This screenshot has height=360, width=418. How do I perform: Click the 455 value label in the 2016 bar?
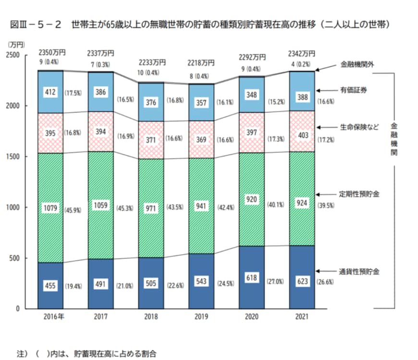coord(50,286)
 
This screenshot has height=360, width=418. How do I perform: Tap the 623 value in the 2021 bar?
coord(302,281)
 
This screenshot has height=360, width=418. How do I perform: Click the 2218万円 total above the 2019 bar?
coord(201,62)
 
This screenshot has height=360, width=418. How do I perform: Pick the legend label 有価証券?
coord(354,90)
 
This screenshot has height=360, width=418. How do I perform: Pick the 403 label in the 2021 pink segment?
coord(302,136)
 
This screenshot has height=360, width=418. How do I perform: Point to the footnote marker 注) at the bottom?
coord(22,353)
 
